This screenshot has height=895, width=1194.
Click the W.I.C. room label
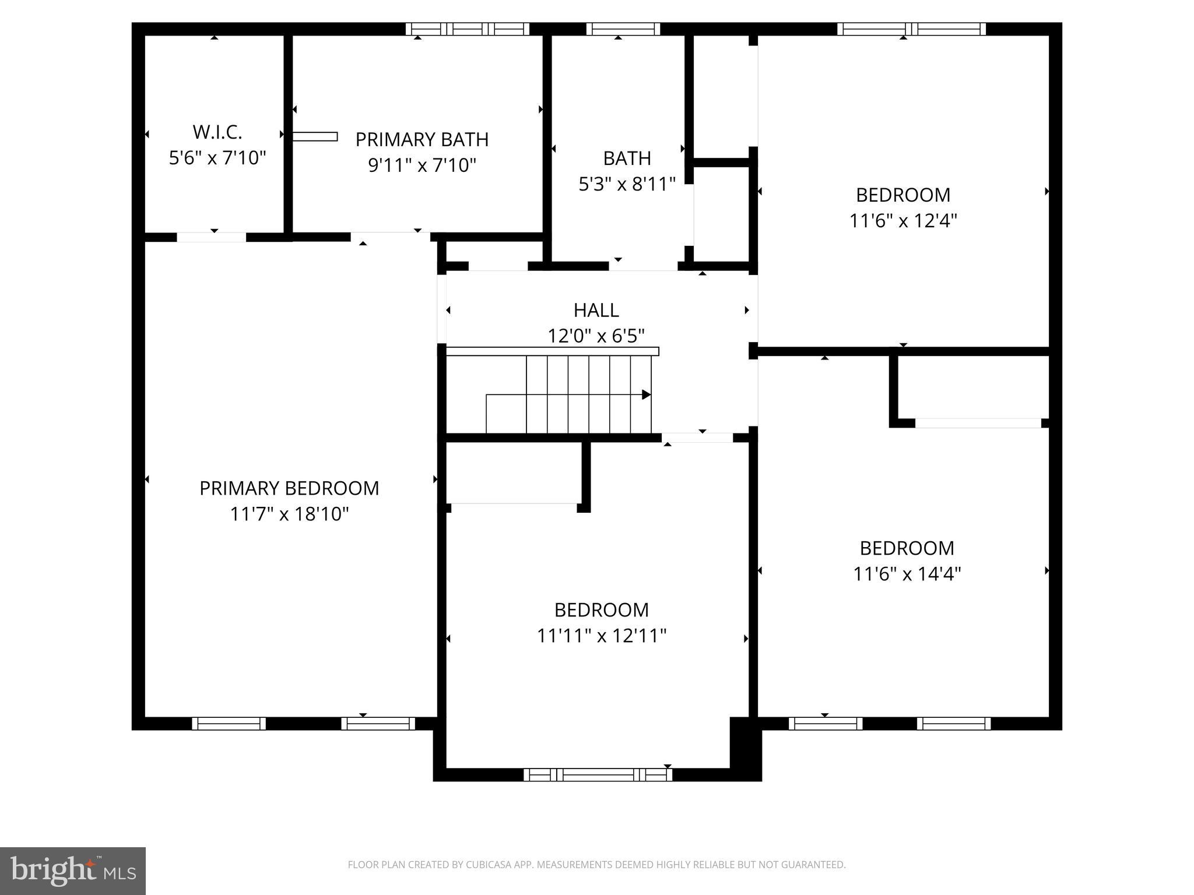pos(217,132)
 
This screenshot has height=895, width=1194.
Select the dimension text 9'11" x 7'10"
pos(422,165)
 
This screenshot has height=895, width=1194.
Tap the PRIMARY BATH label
pos(422,140)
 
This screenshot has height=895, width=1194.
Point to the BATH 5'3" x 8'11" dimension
pos(627,184)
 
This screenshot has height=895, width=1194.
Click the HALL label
pos(596,310)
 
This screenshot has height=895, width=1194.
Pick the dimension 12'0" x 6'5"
pos(596,336)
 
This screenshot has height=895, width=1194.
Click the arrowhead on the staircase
pos(646,394)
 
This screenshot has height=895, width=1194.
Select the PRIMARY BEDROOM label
pos(289,488)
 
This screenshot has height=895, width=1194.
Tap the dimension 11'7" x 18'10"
pos(289,514)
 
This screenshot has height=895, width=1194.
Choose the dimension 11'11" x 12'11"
pos(601,636)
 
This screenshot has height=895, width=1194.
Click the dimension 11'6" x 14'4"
pos(907,574)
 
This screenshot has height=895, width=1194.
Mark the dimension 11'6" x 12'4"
pos(903,221)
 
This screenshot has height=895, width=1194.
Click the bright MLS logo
pos(73,871)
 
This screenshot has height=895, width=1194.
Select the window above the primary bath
pos(467,29)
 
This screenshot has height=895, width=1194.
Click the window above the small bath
pos(623,29)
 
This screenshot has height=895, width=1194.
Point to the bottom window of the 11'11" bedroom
pos(598,774)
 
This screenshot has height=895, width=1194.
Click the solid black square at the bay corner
pos(745,748)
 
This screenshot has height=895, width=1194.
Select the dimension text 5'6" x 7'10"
pos(217,158)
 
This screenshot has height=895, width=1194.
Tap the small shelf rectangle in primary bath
pos(315,136)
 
